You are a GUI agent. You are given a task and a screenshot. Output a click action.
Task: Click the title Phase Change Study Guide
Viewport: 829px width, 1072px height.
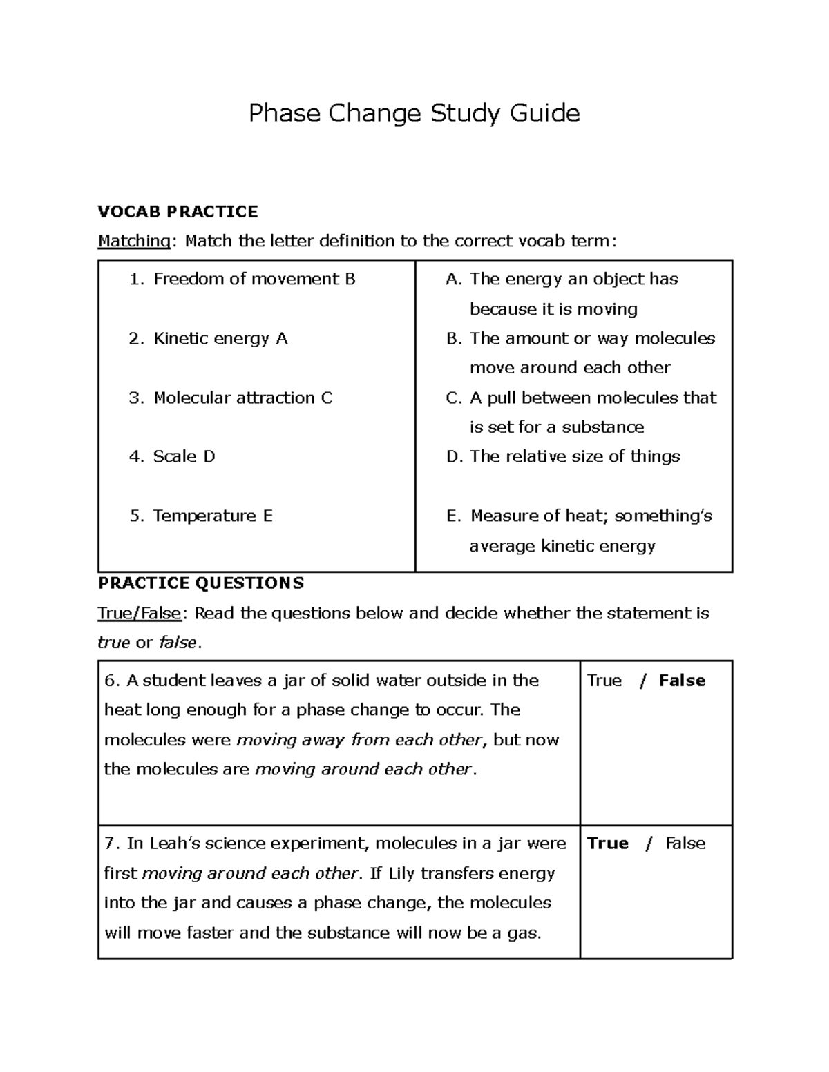[x=414, y=113]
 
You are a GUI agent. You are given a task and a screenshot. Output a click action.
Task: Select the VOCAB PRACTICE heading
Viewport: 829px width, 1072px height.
[x=178, y=211]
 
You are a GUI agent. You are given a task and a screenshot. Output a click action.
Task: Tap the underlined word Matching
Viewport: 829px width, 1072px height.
[x=134, y=241]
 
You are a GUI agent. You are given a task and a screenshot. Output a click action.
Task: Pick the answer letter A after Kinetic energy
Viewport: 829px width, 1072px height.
[x=281, y=338]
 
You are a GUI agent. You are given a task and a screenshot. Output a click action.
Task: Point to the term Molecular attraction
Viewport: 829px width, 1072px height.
[x=234, y=398]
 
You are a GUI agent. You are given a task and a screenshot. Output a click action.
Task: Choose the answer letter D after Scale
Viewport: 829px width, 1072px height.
[x=209, y=456]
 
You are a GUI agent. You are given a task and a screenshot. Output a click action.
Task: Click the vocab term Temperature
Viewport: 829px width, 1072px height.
[x=204, y=516]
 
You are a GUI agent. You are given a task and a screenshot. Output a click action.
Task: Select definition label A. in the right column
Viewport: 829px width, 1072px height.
[x=453, y=279]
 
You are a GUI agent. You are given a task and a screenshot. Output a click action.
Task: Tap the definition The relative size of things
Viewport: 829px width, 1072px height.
[x=575, y=456]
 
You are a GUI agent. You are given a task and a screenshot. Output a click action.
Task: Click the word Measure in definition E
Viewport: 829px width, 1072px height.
[x=503, y=516]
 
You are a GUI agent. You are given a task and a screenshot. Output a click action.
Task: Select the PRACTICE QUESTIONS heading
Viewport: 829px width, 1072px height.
[x=200, y=583]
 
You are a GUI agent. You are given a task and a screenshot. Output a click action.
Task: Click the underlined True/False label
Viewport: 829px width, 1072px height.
[x=140, y=613]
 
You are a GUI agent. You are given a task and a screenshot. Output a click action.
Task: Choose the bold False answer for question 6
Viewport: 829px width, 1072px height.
[x=682, y=681]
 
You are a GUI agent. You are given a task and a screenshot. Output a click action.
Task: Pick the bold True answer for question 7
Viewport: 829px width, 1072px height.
[x=607, y=844]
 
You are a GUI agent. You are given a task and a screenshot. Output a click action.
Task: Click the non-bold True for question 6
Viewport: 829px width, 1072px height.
[x=604, y=681]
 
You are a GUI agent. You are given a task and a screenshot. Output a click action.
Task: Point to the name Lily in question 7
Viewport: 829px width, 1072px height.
[x=402, y=873]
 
